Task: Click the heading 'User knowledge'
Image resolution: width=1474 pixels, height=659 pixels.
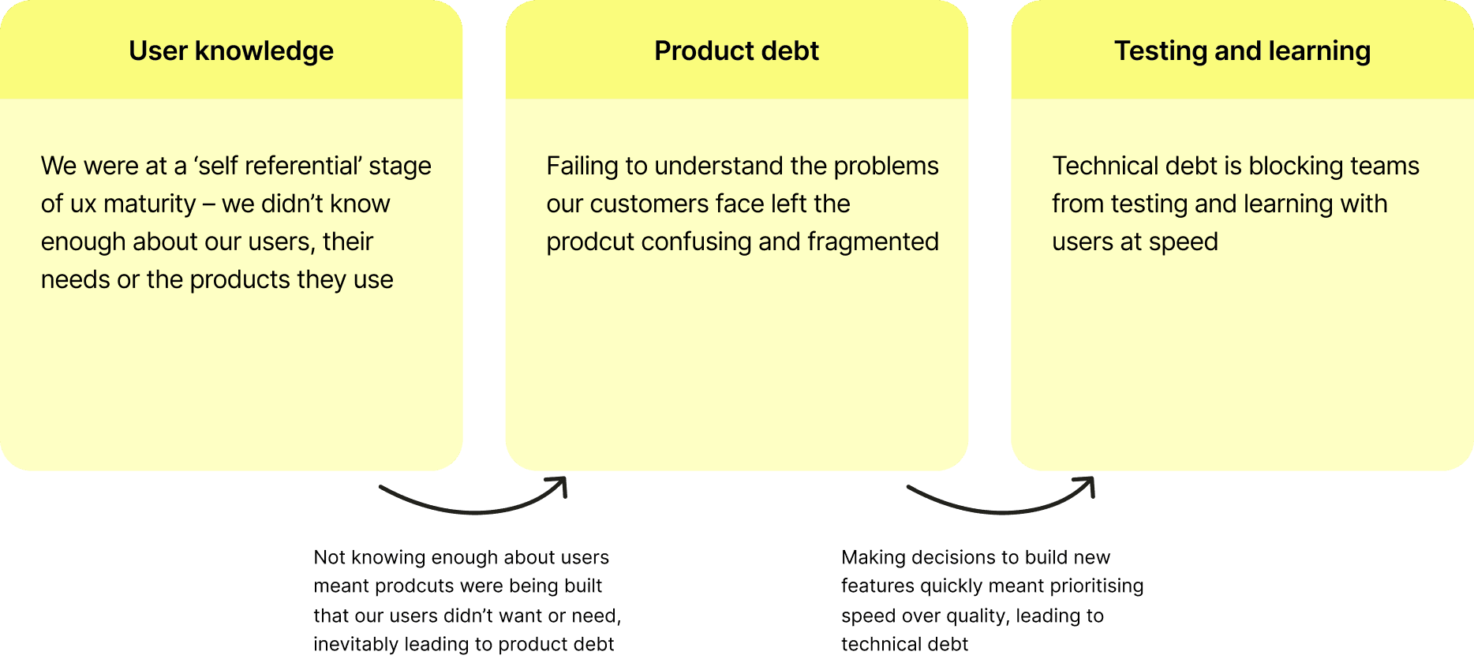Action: tap(231, 51)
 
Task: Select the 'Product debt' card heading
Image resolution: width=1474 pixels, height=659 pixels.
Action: tap(736, 51)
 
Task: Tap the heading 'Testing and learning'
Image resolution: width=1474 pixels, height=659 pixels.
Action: tap(1242, 51)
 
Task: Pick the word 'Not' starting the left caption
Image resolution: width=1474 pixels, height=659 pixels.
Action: tap(329, 558)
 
